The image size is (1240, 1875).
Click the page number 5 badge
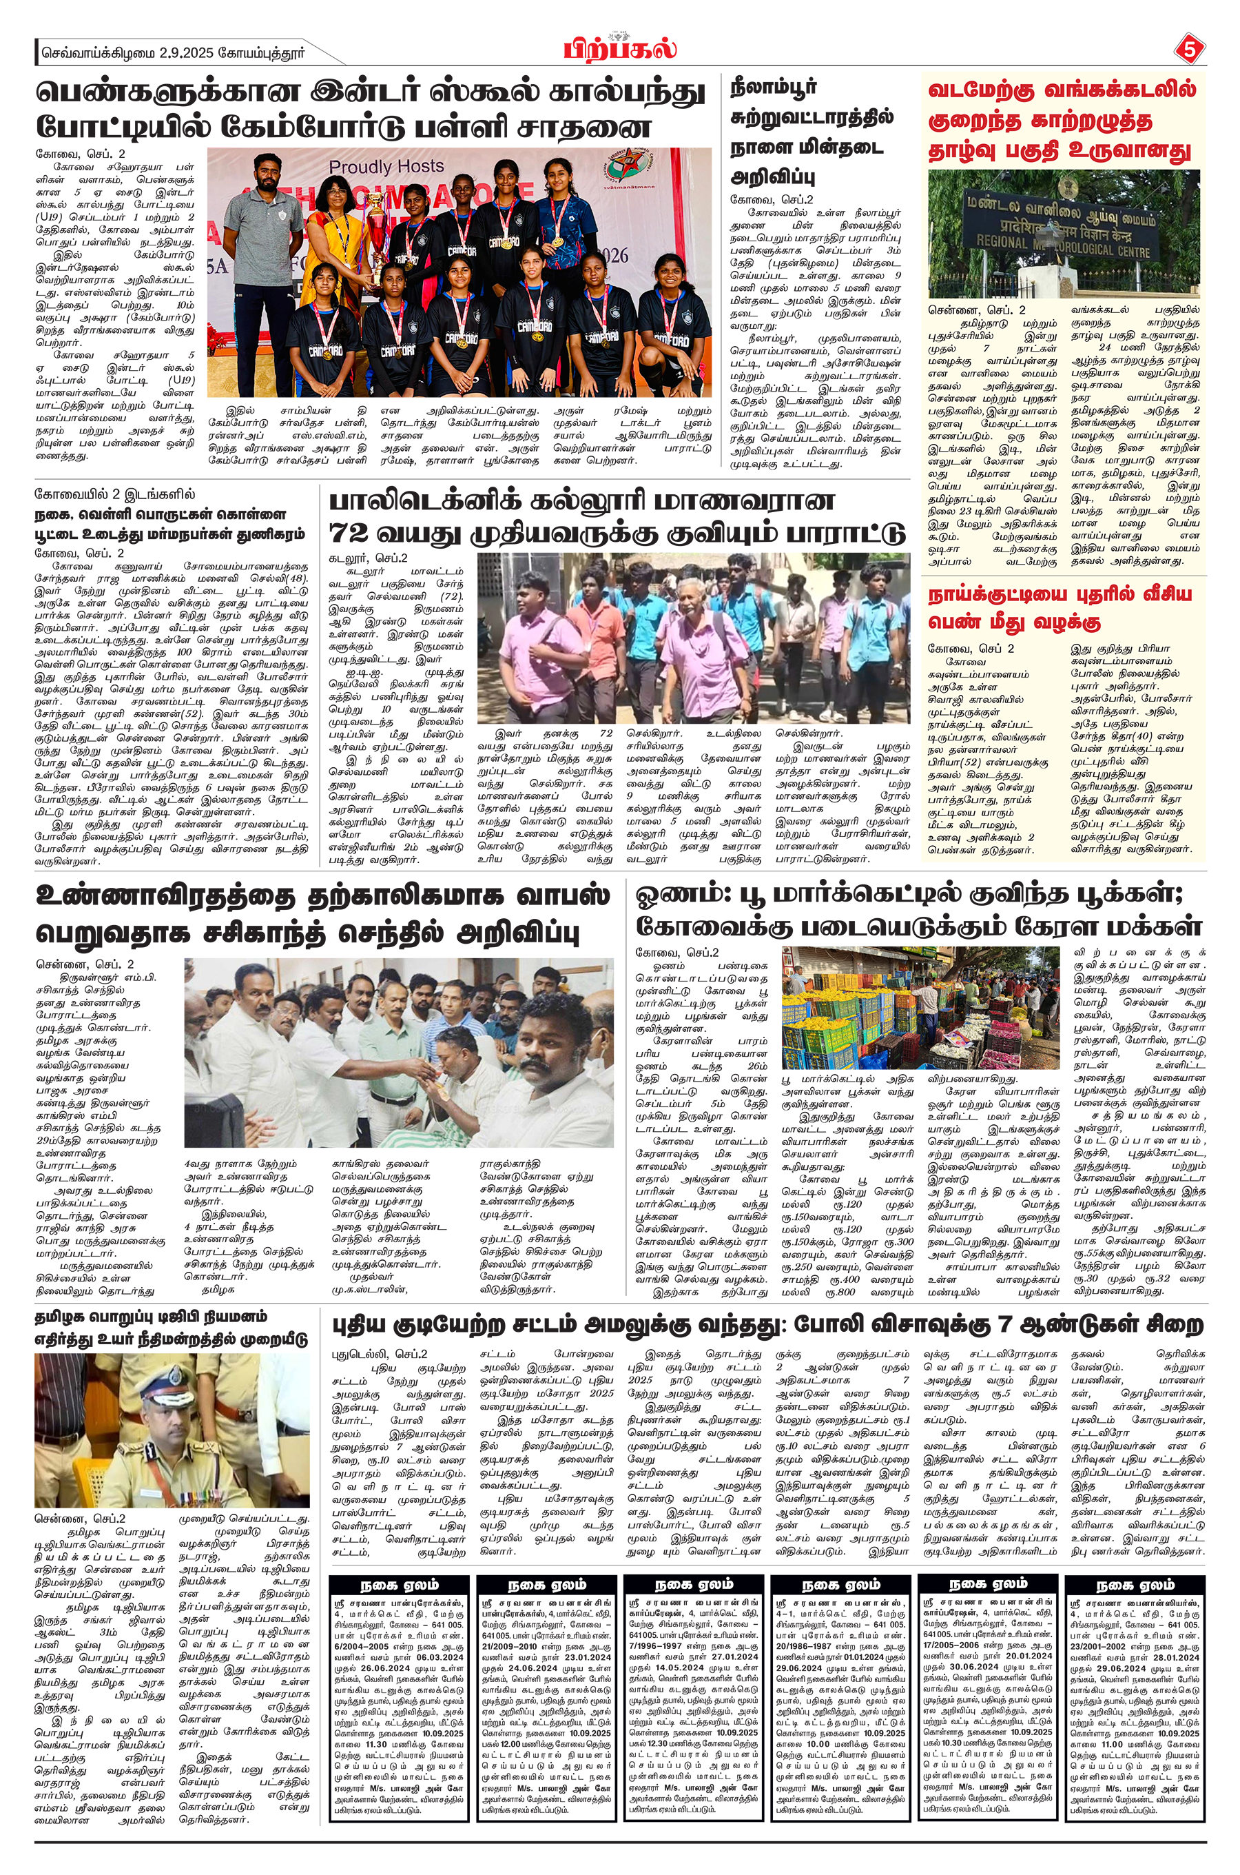pyautogui.click(x=1188, y=50)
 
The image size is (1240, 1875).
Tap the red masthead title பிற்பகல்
pyautogui.click(x=621, y=49)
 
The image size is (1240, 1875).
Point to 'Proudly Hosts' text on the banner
pyautogui.click(x=386, y=166)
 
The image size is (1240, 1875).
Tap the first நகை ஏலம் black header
pyautogui.click(x=400, y=1585)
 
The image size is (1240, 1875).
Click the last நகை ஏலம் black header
pyautogui.click(x=1133, y=1585)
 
